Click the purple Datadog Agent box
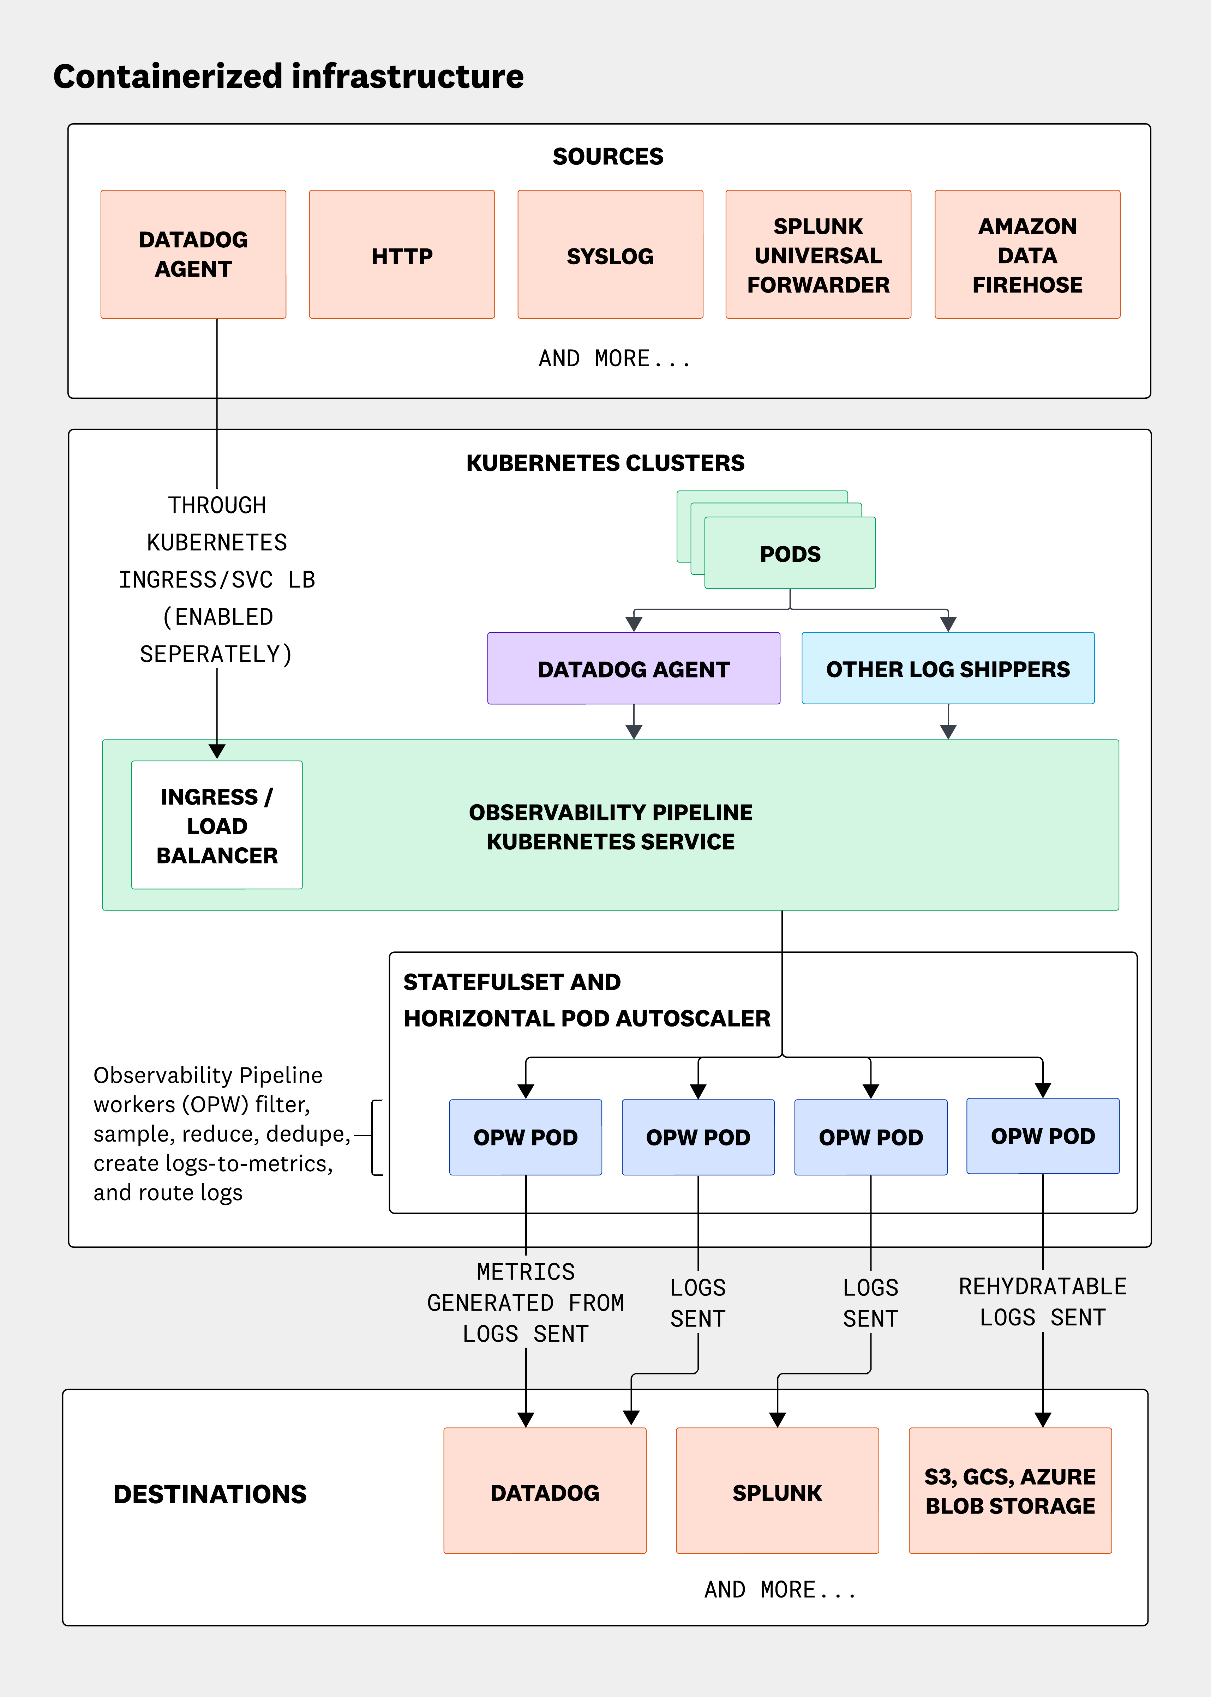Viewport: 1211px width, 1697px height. [x=633, y=669]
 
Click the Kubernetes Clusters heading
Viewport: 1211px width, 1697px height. [x=605, y=463]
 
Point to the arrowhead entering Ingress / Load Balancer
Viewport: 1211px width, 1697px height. [x=217, y=752]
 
